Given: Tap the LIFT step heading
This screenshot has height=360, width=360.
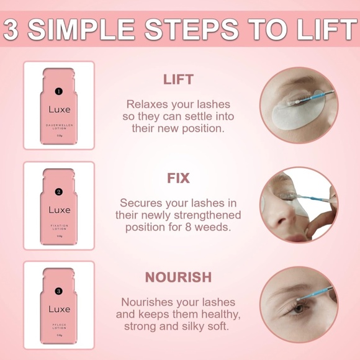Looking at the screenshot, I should [178, 79].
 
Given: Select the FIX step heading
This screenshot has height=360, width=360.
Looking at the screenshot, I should [178, 178].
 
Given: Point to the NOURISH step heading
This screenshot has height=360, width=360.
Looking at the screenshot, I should [178, 277].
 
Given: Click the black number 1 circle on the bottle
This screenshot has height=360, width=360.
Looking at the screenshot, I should [59, 92].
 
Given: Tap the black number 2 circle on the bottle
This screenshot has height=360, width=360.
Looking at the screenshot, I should [59, 191].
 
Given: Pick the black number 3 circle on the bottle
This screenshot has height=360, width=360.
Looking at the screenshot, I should [59, 290].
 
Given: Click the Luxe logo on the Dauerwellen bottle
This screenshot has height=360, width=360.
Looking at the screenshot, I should [59, 110].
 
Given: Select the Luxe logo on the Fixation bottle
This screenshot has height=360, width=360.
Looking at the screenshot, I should [59, 210].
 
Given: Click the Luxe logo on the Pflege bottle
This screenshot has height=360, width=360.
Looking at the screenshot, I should [59, 309].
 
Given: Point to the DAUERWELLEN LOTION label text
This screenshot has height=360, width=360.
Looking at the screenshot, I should [59, 127].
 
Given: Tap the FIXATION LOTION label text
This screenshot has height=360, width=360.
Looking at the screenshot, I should [59, 227].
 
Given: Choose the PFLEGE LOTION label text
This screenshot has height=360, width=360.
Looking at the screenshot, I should [59, 325].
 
